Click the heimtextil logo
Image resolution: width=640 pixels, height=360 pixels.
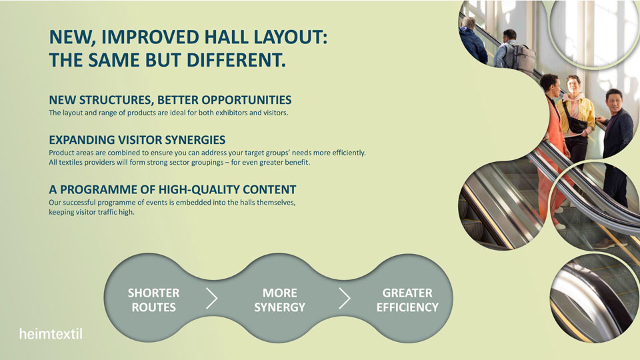tap(51, 334)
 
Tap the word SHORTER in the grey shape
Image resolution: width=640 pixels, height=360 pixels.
tap(153, 293)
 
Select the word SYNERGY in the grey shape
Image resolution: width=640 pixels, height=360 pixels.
tap(279, 307)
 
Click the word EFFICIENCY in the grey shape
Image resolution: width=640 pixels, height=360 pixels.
tap(407, 307)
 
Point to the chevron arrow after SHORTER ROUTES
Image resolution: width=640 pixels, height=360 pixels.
tap(211, 299)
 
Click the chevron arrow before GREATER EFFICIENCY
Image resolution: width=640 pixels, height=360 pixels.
tap(345, 299)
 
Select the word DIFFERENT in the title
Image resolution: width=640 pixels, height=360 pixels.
tap(236, 60)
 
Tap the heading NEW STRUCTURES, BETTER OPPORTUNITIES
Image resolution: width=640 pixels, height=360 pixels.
tap(170, 100)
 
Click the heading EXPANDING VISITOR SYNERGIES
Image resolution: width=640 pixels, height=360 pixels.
tap(137, 140)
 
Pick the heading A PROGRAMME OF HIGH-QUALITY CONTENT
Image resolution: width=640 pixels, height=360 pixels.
tap(173, 189)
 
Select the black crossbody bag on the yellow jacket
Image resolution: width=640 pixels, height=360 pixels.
tap(575, 121)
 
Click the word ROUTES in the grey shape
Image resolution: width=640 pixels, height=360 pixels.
tap(153, 307)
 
